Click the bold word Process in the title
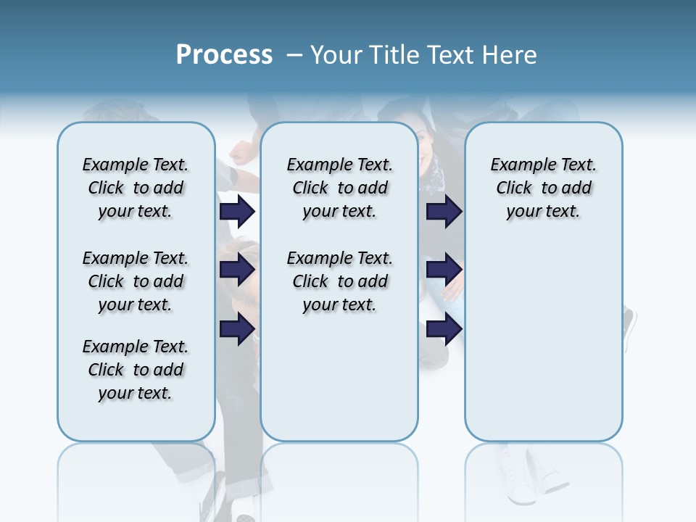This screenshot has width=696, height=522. (x=224, y=55)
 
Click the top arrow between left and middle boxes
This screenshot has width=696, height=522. (x=237, y=211)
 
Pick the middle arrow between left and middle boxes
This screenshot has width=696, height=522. (x=237, y=270)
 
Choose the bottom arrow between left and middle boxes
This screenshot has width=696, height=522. (x=237, y=328)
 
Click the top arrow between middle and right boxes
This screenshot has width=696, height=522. (x=444, y=211)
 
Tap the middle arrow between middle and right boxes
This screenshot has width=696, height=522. (x=444, y=270)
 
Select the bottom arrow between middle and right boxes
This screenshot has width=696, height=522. (x=444, y=328)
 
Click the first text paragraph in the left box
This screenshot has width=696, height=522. (x=136, y=188)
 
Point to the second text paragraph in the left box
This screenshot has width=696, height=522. (x=136, y=281)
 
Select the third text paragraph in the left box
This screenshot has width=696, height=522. (x=136, y=370)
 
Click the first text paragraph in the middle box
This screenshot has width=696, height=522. (x=339, y=188)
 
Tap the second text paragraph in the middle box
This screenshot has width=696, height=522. (x=339, y=281)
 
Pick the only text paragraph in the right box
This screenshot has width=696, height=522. (x=543, y=188)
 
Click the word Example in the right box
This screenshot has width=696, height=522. (x=517, y=165)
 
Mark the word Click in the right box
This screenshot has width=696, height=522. (x=514, y=188)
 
